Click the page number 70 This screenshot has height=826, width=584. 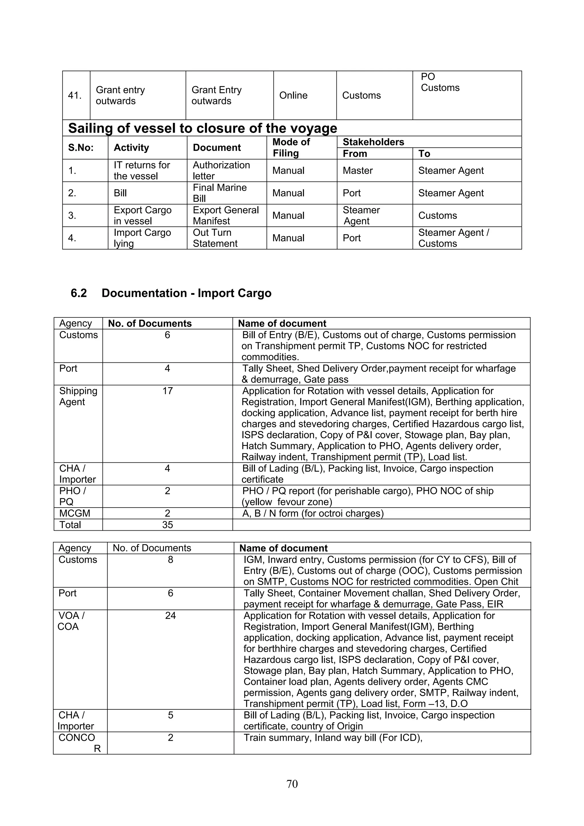pos(292,784)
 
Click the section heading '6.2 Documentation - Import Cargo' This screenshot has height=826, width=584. pos(171,293)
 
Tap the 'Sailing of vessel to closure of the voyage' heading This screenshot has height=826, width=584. pos(202,128)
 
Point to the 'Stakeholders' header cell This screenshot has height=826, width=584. pos(373,142)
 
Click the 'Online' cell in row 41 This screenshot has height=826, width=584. pos(293,95)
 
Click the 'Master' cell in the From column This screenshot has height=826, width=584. pos(358,171)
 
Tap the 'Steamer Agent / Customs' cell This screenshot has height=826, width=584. pos(453,238)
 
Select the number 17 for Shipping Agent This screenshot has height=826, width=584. pos(167,391)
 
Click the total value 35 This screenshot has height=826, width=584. pos(167,525)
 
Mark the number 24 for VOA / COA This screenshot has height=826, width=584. pos(170,616)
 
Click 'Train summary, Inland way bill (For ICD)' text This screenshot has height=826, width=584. pos(332,738)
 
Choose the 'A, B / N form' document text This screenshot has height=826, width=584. pos(313,514)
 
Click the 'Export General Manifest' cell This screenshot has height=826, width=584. pos(226,215)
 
